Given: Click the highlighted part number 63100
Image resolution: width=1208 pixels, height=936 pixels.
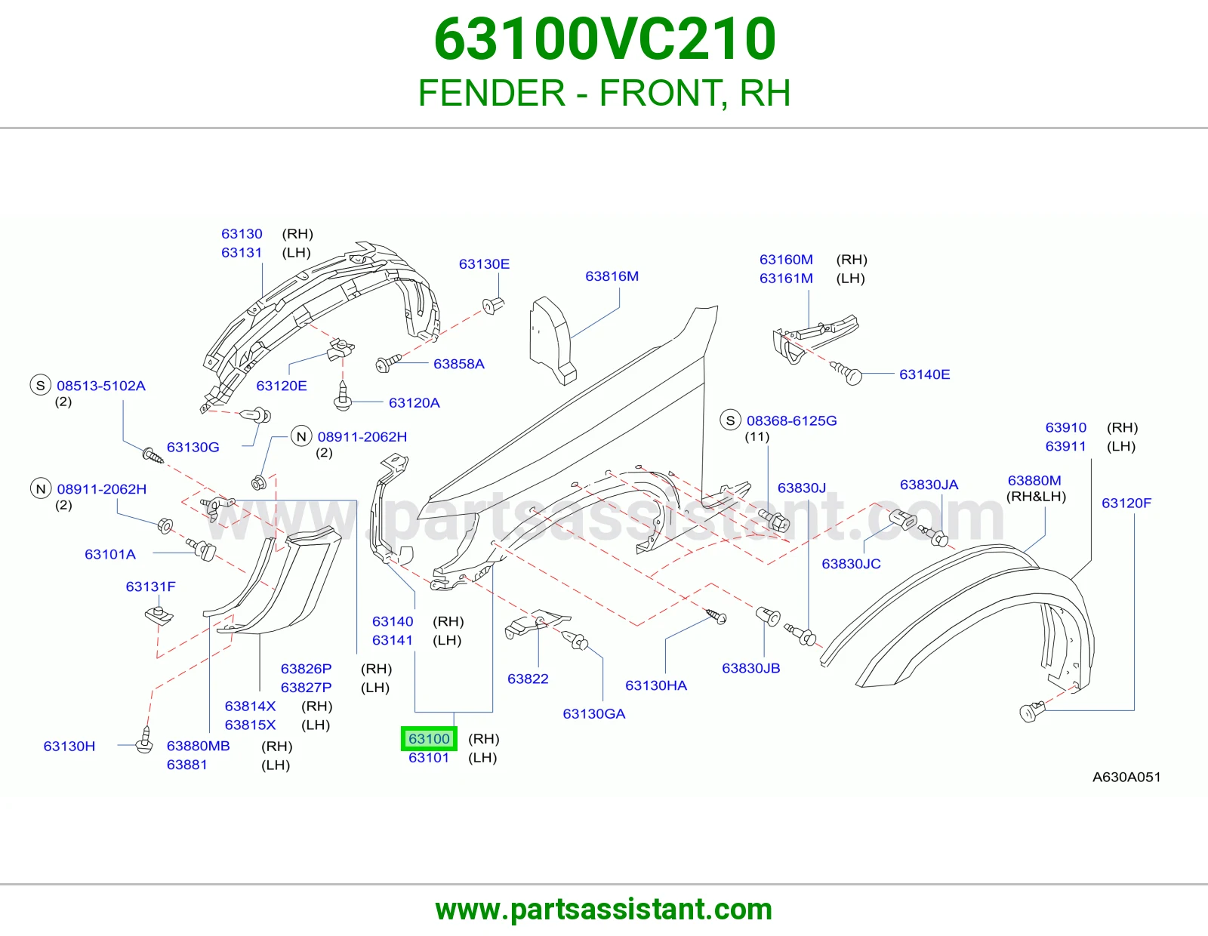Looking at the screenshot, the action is coord(429,739).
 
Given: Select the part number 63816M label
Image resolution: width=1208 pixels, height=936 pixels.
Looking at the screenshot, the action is coord(612,276).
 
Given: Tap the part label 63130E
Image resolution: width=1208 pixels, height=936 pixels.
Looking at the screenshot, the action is coord(484,264).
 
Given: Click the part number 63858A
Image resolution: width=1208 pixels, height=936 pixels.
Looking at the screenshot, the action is coord(458,364).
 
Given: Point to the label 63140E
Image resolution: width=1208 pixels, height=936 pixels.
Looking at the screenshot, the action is coord(924,374).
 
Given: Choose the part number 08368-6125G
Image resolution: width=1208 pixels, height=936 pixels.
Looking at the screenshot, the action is coord(792,420).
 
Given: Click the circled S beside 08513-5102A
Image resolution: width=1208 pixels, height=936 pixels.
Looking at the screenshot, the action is coord(41,385).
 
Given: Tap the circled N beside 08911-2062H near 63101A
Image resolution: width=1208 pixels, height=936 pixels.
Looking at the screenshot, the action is coord(41,489).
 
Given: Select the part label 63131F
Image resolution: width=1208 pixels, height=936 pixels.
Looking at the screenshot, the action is coord(151,587).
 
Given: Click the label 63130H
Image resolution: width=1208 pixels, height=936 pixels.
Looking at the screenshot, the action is coord(69,746).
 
